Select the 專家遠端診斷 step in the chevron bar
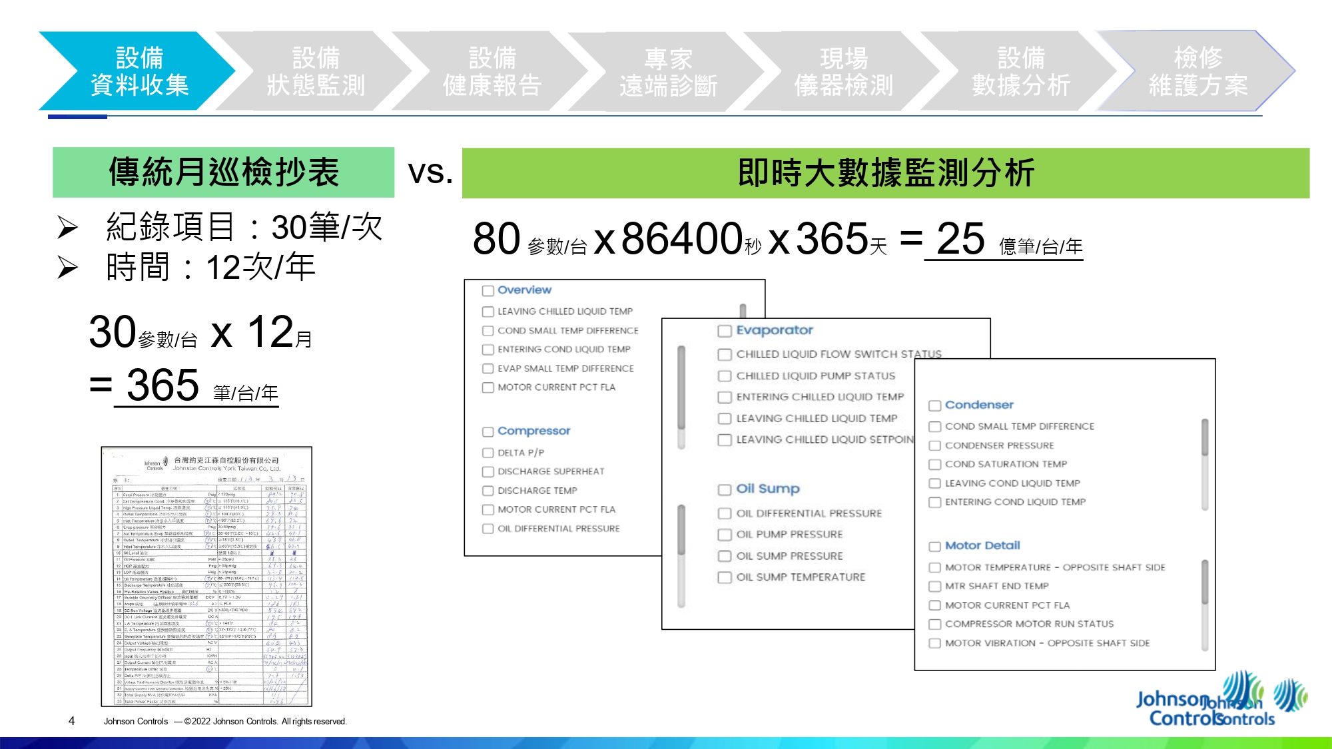click(668, 72)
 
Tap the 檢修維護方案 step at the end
click(1197, 71)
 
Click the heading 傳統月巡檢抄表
click(224, 172)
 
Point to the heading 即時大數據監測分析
click(885, 173)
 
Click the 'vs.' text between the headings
click(430, 172)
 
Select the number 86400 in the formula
click(681, 238)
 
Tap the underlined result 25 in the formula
click(960, 238)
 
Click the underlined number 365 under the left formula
click(163, 385)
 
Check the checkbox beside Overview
click(488, 291)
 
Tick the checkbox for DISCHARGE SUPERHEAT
click(488, 472)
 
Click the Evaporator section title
click(775, 330)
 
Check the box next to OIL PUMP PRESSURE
click(725, 535)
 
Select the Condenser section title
click(979, 405)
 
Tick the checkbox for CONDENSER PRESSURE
click(935, 446)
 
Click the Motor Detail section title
click(982, 545)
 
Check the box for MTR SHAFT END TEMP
click(935, 587)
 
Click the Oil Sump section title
click(768, 489)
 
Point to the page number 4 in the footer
click(71, 721)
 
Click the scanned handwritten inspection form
click(206, 577)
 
